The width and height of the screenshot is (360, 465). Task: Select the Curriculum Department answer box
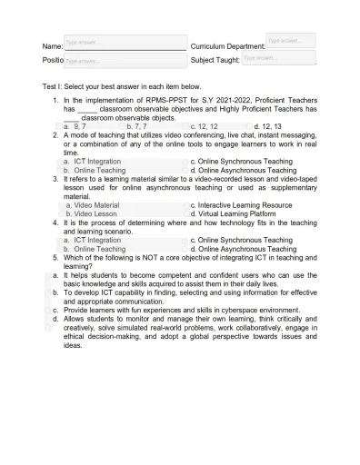[x=291, y=41]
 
